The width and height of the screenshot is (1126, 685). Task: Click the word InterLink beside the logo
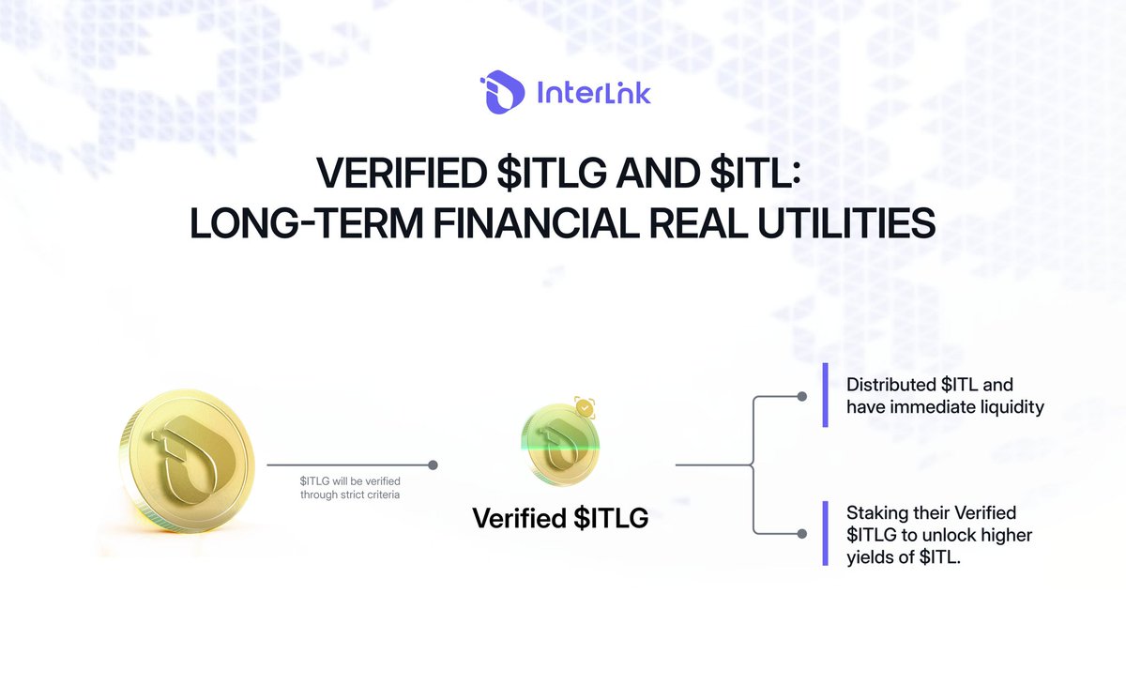tap(592, 93)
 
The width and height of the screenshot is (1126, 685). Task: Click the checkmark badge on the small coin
tap(585, 408)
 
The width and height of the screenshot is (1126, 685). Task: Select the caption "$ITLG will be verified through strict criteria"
tap(350, 487)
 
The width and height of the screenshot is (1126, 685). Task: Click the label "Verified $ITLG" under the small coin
tap(560, 518)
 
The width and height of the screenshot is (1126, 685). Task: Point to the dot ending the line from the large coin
tap(433, 464)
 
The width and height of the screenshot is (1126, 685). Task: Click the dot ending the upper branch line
tap(801, 396)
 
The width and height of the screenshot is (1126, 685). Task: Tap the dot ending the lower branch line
tap(801, 533)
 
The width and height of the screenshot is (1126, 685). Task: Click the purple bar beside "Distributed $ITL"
tap(825, 396)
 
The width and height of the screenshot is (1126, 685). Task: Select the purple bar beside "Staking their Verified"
tap(825, 533)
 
